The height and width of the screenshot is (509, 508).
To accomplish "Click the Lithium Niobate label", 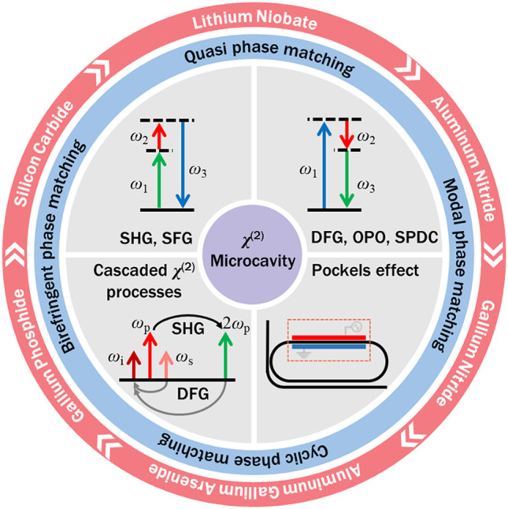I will pos(254,19).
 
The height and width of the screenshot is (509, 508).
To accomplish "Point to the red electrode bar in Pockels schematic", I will pos(330,338).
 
